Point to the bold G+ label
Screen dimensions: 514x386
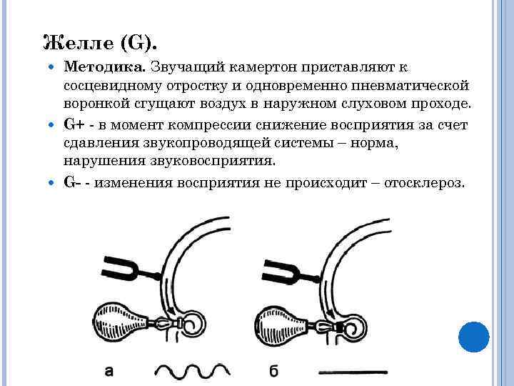click(73, 124)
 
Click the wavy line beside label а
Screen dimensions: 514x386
click(192, 370)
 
